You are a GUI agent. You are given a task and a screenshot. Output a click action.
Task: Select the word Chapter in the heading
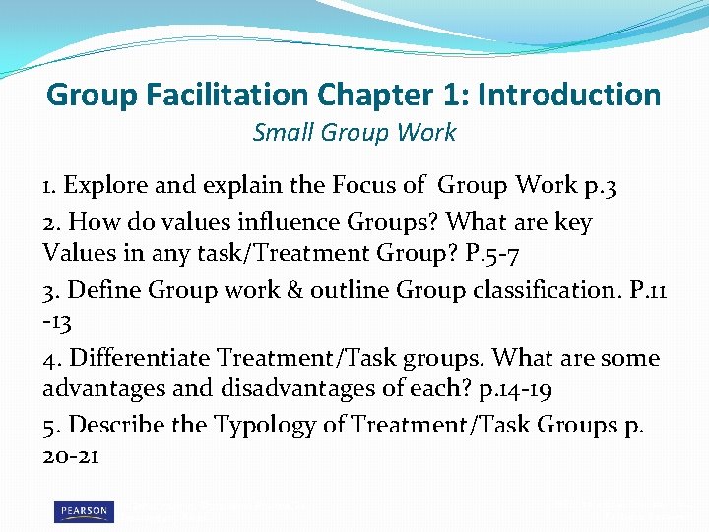click(x=375, y=95)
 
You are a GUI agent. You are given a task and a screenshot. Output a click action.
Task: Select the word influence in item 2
click(x=290, y=223)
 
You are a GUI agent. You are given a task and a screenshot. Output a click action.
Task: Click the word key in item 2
click(x=574, y=223)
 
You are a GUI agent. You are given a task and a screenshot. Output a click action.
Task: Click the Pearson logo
click(x=84, y=511)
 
